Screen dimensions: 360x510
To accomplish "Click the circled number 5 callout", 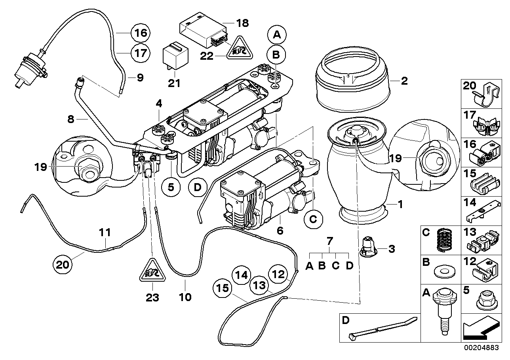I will (171, 187).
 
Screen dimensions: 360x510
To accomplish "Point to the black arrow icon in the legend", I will (480, 329).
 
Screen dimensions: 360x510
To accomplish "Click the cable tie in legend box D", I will (382, 327).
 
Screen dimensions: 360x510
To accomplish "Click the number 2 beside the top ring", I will (404, 81).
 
